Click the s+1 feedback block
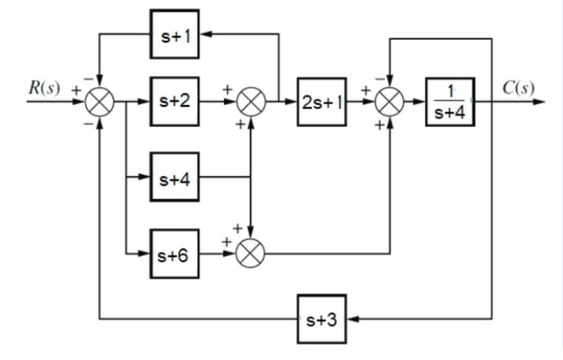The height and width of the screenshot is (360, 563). pos(175,35)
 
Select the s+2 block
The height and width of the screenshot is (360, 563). pos(175,101)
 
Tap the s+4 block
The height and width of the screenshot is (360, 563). pos(175,178)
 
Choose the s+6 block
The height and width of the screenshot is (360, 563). pos(175,253)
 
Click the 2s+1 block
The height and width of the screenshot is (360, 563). pos(322,101)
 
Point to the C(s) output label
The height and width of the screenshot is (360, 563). pos(518,87)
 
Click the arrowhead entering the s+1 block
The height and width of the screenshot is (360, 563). pos(205,35)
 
